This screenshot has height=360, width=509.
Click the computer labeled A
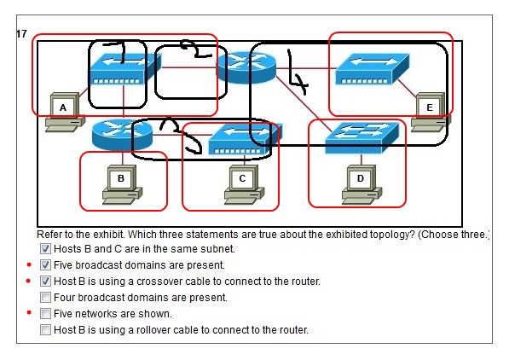[x=64, y=113]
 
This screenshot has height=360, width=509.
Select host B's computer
[x=122, y=184]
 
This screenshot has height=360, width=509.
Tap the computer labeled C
[x=244, y=184]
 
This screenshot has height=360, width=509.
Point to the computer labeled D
[x=362, y=184]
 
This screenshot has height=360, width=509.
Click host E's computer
[x=431, y=113]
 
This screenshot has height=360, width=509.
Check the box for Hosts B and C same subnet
[x=45, y=249]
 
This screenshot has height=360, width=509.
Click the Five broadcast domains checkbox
[x=45, y=265]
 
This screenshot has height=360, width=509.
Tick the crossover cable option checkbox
[x=45, y=281]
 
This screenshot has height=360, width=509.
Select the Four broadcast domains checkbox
[x=45, y=297]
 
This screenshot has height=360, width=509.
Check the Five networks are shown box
[x=45, y=314]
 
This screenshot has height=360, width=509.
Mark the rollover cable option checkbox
[x=45, y=330]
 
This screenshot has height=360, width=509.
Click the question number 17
[x=22, y=34]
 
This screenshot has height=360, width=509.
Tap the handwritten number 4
[x=296, y=73]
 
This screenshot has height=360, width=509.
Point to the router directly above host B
[x=122, y=135]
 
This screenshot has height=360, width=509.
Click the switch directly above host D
[x=362, y=137]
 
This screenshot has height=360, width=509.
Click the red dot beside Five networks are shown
[x=29, y=312]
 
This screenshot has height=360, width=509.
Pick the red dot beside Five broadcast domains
[x=29, y=264]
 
